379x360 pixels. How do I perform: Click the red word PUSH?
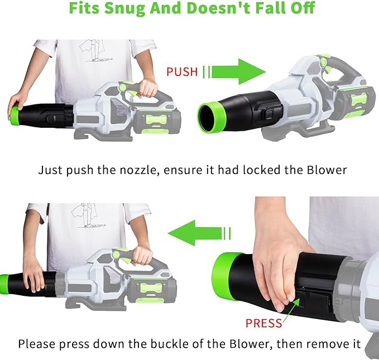point(182,72)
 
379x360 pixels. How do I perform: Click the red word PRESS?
point(263,323)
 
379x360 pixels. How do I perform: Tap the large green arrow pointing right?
point(238,71)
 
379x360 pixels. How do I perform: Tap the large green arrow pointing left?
point(195,233)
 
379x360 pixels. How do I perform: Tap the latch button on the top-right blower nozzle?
point(270,113)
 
